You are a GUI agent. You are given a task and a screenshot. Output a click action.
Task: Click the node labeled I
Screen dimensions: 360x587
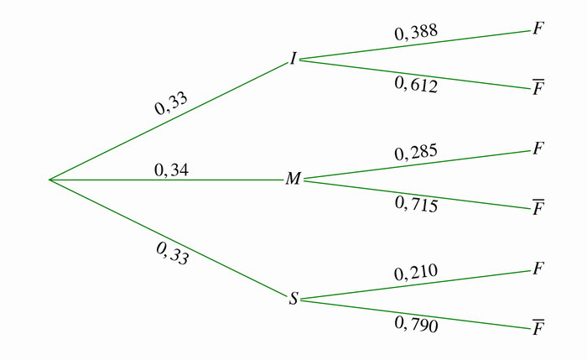coord(293,59)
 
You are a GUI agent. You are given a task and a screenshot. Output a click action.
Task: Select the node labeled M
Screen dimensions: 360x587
coord(293,180)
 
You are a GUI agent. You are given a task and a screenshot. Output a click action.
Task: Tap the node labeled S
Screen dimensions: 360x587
coord(293,299)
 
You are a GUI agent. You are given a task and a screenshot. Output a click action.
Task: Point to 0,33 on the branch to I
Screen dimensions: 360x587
coord(171,104)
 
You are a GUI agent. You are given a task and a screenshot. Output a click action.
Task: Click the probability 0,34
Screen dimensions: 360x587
coord(171,170)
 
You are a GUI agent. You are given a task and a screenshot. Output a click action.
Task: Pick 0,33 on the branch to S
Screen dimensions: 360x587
coord(173,253)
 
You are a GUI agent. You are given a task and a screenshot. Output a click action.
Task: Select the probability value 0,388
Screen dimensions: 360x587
coord(416,34)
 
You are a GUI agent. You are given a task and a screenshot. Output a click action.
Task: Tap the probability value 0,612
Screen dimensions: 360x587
coord(416,84)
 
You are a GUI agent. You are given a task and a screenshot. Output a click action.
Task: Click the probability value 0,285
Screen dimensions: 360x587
coord(416,154)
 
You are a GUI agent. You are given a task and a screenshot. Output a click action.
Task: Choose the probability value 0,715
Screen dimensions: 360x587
coord(416,203)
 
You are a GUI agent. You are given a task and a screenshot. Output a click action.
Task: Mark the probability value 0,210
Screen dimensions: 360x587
coord(416,273)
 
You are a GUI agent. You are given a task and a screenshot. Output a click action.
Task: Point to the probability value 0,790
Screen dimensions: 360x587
coord(416,323)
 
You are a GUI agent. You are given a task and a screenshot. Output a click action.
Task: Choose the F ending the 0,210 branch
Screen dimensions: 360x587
coord(538,269)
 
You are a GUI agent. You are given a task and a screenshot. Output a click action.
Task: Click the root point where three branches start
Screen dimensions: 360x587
coord(49,180)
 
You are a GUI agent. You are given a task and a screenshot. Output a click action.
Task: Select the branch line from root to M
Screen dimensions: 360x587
coord(226,180)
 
